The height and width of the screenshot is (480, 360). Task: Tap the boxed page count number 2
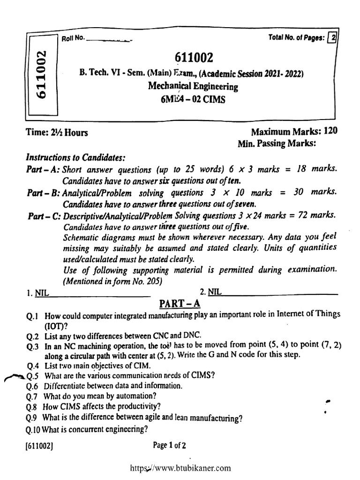[332, 39]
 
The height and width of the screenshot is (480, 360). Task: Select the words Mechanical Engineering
[193, 86]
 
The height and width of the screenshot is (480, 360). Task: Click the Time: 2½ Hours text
[57, 133]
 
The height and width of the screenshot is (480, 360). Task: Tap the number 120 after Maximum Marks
[330, 131]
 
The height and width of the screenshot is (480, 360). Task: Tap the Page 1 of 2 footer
[170, 446]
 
